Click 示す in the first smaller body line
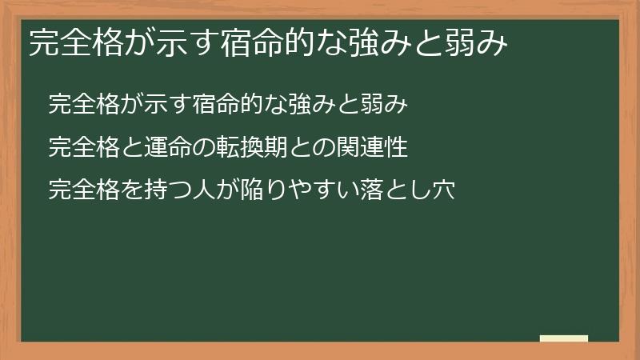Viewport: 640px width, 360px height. point(159,105)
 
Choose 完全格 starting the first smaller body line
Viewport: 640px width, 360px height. point(79,105)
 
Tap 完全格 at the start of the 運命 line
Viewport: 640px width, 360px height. point(79,148)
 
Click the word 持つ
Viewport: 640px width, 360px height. point(159,191)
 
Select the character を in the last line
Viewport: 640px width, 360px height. point(121,191)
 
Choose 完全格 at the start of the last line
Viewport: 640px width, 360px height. point(79,191)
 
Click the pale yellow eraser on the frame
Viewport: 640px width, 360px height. point(563,338)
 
